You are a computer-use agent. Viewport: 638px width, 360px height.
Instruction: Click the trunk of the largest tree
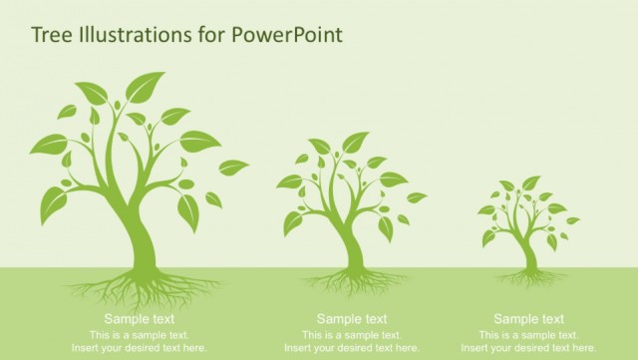tap(140, 239)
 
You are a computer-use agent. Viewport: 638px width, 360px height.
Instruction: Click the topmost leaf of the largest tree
tap(146, 86)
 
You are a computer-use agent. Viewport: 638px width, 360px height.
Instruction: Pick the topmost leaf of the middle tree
tap(355, 142)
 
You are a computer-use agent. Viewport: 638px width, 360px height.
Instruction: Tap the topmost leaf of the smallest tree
tap(531, 182)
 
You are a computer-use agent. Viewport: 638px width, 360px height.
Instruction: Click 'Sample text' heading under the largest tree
tap(139, 319)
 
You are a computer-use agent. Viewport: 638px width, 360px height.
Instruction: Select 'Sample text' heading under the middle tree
tap(352, 319)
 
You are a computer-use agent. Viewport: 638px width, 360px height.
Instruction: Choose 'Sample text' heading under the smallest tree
tap(528, 319)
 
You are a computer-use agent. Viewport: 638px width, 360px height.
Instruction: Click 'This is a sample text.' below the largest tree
tap(139, 334)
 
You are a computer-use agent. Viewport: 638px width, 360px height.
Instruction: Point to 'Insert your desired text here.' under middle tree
tap(352, 348)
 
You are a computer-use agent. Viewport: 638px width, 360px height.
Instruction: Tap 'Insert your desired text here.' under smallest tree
tap(528, 348)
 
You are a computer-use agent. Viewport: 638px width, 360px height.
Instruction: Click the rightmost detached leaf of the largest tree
tap(233, 167)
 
